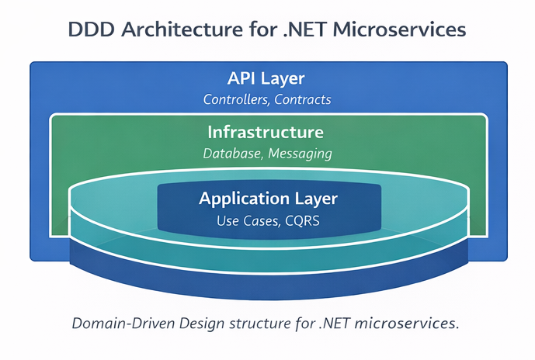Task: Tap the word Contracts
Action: click(304, 99)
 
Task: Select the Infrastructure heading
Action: click(266, 132)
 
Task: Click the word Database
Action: click(231, 154)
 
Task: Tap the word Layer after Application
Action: click(317, 199)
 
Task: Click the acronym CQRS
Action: click(302, 221)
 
